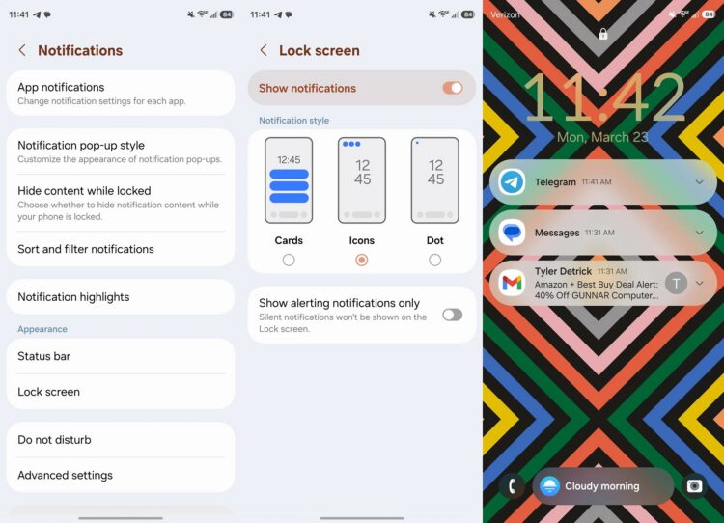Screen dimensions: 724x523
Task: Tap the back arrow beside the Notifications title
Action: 22,50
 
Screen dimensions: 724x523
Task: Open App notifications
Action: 121,94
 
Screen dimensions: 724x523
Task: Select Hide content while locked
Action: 121,203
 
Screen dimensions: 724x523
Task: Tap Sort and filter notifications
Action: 121,249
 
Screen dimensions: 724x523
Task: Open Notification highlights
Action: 121,297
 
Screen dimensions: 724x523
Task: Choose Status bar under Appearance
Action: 121,356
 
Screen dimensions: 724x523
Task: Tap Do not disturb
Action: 121,440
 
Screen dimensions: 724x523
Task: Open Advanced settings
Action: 121,475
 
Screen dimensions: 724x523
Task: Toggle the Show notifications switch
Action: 453,88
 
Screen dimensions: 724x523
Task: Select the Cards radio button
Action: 289,260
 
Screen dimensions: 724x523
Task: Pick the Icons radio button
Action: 362,260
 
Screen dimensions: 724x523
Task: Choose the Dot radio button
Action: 434,260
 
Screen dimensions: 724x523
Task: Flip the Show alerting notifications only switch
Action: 452,315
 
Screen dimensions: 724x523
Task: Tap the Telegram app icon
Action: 512,181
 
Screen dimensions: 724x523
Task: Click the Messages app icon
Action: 512,233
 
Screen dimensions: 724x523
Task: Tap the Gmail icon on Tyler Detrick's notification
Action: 512,283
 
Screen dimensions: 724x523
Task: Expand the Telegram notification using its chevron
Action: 700,181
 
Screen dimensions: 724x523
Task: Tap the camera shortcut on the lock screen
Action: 694,486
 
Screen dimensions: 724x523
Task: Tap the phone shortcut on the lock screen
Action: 512,486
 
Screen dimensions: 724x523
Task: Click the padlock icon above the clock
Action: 603,34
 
